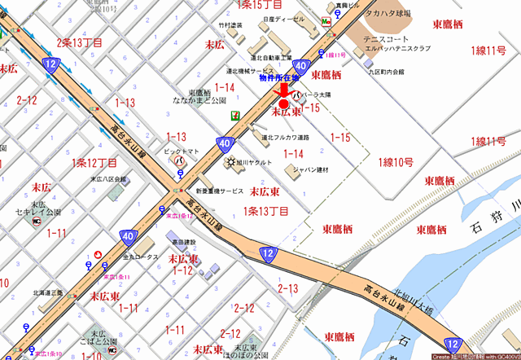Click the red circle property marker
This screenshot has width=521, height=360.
click(x=283, y=104)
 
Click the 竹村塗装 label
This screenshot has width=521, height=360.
click(x=231, y=25)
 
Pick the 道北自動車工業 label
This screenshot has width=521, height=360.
click(x=271, y=58)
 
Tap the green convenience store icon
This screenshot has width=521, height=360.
click(x=234, y=115)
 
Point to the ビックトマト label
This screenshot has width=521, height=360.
click(x=182, y=151)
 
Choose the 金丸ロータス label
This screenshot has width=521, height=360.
click(x=140, y=257)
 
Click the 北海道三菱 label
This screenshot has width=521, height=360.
click(x=50, y=293)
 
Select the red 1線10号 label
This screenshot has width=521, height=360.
click(x=396, y=163)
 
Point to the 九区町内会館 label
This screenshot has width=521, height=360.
click(x=387, y=72)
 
